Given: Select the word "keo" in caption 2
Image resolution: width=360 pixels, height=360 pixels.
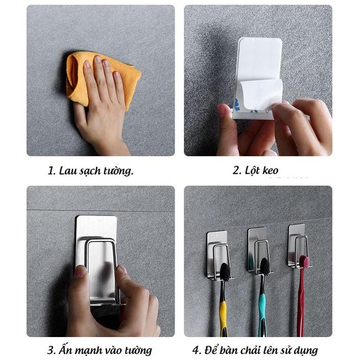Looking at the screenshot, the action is [270, 171].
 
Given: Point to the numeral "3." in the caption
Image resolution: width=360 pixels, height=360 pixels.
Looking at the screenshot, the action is [52, 350].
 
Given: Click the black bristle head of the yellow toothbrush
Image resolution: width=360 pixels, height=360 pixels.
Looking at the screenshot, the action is [225, 272].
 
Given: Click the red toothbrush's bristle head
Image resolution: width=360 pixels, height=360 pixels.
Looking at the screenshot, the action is [304, 262].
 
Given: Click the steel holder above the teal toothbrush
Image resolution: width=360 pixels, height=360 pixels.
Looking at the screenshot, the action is [259, 250].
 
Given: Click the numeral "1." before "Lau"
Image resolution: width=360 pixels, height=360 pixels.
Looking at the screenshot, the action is [52, 171].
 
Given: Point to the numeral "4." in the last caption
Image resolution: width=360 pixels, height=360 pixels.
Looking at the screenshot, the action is [197, 351].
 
